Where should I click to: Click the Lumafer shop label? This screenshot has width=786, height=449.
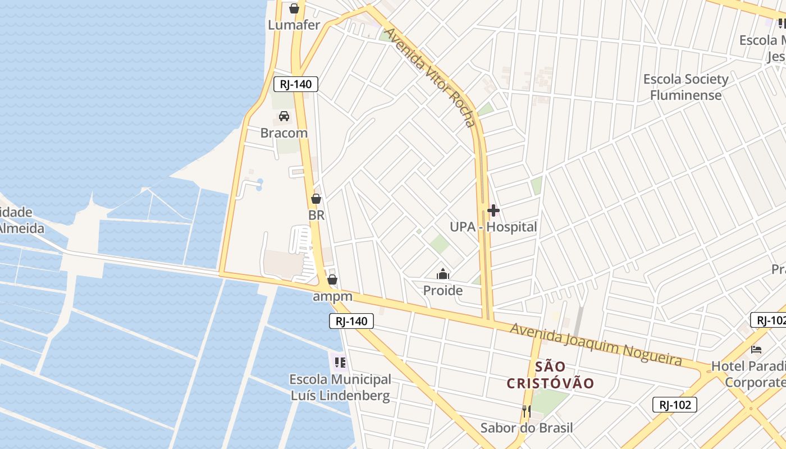pyautogui.click(x=294, y=25)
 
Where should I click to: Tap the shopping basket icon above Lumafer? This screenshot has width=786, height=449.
pyautogui.click(x=294, y=8)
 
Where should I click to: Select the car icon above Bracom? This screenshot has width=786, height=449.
pyautogui.click(x=284, y=116)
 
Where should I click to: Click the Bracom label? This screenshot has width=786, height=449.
pyautogui.click(x=284, y=133)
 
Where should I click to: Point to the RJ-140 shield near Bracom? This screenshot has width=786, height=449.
pyautogui.click(x=296, y=84)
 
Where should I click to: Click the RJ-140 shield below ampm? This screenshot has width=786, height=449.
pyautogui.click(x=351, y=321)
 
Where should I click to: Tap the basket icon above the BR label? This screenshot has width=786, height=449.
pyautogui.click(x=316, y=199)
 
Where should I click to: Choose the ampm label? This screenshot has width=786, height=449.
pyautogui.click(x=332, y=296)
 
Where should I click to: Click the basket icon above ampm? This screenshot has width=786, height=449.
pyautogui.click(x=332, y=280)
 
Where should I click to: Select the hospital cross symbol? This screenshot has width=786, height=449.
pyautogui.click(x=493, y=210)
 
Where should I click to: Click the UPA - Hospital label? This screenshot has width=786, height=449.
pyautogui.click(x=493, y=227)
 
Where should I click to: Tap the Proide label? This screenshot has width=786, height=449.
pyautogui.click(x=443, y=290)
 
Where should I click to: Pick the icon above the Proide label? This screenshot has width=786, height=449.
pyautogui.click(x=443, y=274)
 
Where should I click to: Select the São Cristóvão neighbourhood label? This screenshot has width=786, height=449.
pyautogui.click(x=550, y=375)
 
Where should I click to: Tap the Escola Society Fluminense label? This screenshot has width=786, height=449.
pyautogui.click(x=686, y=87)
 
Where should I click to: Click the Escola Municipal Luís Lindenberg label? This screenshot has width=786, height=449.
pyautogui.click(x=340, y=387)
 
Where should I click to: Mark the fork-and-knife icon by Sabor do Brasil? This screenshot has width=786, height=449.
pyautogui.click(x=526, y=411)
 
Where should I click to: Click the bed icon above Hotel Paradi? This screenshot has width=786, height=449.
pyautogui.click(x=756, y=350)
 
